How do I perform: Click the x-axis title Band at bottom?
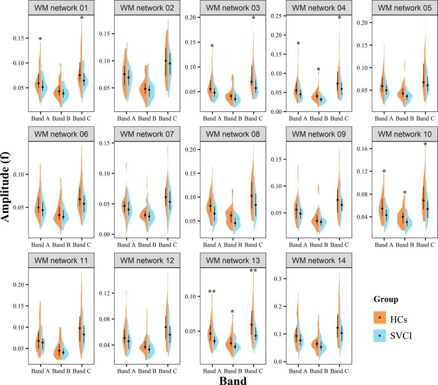[x=229, y=379]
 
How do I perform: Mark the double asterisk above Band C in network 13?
[x=253, y=272]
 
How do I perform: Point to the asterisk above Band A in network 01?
[x=40, y=39]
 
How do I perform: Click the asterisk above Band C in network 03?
[x=253, y=19]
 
